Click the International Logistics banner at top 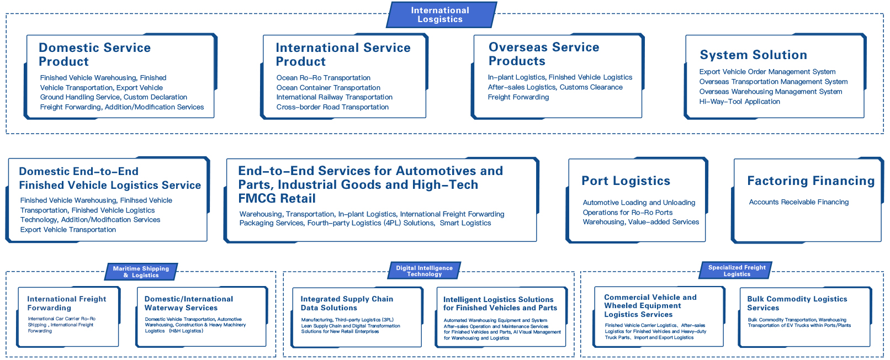pos(440,15)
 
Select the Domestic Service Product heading pos(94,55)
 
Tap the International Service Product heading pos(343,55)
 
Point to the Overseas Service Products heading pos(544,54)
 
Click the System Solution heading pos(753,55)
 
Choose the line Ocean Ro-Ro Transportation pos(323,78)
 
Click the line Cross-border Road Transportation pos(332,107)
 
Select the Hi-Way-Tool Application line pos(739,102)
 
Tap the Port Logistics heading pos(626,181)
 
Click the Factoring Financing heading pos(810,181)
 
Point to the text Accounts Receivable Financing pos(798,202)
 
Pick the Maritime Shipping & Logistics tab pos(141,272)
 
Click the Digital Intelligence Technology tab pos(424,271)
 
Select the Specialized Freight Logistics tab pos(737,271)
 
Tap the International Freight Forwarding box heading pos(66,303)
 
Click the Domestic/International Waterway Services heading pos(188,303)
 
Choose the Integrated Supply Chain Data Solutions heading pos(347,303)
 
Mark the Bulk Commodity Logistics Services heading pos(797,303)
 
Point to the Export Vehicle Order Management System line pos(767,72)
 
